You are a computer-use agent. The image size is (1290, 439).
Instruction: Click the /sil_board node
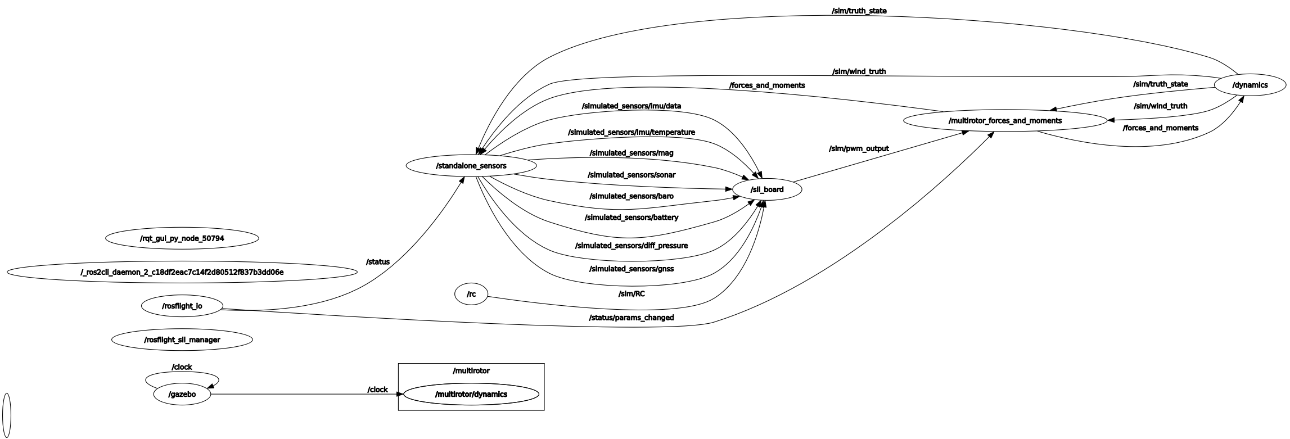click(766, 189)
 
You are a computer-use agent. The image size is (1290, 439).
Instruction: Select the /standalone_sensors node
click(471, 166)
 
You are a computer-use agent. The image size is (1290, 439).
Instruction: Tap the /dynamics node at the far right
click(1250, 85)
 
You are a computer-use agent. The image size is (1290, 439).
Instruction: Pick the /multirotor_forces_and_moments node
click(1005, 121)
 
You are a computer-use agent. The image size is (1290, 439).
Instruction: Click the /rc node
click(471, 294)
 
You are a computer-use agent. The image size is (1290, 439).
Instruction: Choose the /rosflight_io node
click(182, 306)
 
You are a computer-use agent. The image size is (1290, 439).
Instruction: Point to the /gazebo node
click(182, 395)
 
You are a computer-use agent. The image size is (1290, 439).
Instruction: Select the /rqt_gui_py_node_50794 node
click(182, 238)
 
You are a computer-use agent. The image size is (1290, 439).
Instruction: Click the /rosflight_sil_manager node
click(182, 340)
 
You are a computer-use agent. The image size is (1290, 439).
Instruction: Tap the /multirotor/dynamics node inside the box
click(471, 395)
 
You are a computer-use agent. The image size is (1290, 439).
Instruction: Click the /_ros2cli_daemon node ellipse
click(182, 273)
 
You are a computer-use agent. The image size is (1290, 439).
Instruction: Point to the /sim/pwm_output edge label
click(859, 149)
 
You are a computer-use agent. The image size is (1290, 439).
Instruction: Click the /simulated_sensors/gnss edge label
click(631, 269)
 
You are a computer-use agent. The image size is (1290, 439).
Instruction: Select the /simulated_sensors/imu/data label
click(631, 106)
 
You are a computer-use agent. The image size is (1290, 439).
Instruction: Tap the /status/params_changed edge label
click(631, 318)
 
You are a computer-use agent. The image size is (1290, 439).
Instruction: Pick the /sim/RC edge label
click(631, 293)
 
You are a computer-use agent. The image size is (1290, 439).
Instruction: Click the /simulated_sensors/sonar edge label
click(631, 175)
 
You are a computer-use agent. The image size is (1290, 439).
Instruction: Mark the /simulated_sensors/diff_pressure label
click(631, 246)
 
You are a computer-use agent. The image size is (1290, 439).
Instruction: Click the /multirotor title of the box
click(471, 371)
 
